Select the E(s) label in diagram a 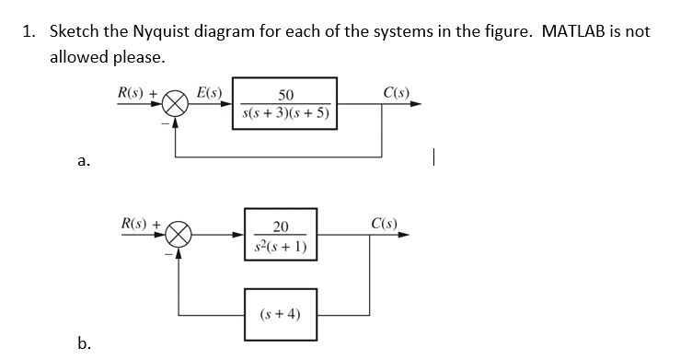pos(210,92)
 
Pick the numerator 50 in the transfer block pos(285,95)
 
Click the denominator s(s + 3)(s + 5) pos(285,114)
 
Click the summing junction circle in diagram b pos(178,237)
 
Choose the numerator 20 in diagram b pos(282,226)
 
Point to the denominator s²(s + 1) pos(282,247)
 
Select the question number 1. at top pos(30,31)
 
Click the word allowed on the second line pos(79,57)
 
